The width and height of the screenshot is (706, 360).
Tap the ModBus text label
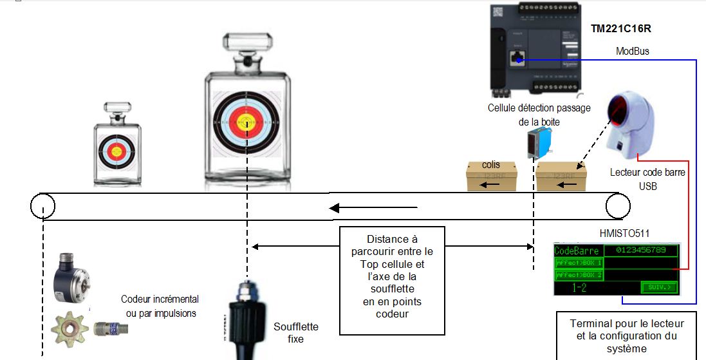(x=632, y=51)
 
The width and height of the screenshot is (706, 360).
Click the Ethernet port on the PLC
(x=517, y=59)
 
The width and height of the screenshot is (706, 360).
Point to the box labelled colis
(x=491, y=176)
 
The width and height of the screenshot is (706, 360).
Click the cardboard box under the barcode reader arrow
(x=561, y=176)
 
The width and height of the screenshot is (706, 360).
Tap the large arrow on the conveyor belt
(x=373, y=207)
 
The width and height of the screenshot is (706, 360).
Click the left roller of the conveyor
(x=42, y=206)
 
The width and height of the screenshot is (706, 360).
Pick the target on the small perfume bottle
(x=116, y=151)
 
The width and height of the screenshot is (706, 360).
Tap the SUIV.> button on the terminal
(x=659, y=287)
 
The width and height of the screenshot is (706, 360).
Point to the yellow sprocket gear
(x=70, y=325)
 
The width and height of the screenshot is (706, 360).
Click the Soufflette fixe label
(x=296, y=332)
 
